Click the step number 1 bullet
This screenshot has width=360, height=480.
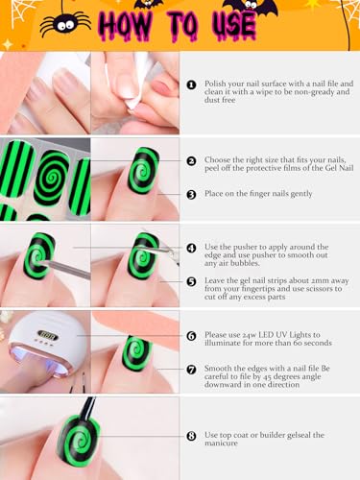coord(191,85)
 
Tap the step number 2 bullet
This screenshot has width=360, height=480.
coord(191,161)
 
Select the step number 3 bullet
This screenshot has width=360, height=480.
coord(191,195)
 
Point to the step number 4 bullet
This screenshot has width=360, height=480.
coord(191,248)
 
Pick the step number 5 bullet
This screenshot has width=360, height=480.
coord(191,281)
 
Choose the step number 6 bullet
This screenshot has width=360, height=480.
coord(191,336)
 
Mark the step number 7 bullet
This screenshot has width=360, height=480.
coord(191,370)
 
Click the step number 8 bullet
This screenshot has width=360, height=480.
coord(191,436)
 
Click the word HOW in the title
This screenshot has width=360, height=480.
coord(126,26)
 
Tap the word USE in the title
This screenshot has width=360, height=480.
coord(234,26)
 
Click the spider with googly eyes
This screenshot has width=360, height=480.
coord(65,24)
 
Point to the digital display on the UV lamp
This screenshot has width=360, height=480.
coord(48,336)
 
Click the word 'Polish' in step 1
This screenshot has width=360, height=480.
coord(215,84)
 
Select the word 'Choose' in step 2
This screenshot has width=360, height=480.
coord(217,159)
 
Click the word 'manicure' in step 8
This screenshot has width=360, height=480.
coord(221,444)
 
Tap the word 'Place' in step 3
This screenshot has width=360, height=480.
coord(213,194)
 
